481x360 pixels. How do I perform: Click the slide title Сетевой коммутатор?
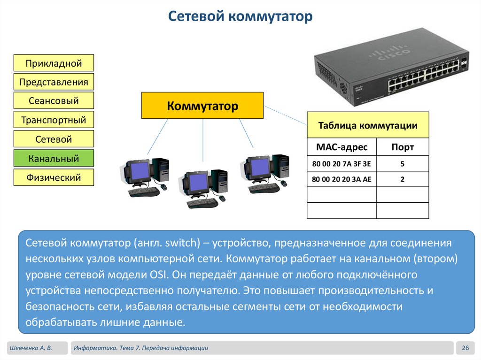tap(240, 17)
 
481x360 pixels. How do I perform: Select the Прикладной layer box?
tap(54, 63)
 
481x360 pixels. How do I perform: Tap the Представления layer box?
tap(54, 82)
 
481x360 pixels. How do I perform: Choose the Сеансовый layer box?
tap(54, 101)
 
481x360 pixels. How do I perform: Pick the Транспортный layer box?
tap(54, 120)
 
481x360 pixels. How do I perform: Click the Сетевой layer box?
tap(54, 139)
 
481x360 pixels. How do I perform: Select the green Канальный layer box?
tap(54, 159)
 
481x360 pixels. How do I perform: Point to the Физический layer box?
tap(54, 177)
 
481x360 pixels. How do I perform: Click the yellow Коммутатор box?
tap(202, 106)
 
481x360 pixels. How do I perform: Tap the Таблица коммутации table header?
tap(368, 125)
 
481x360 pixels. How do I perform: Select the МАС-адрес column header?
tap(341, 147)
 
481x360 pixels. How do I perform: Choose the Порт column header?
tap(403, 147)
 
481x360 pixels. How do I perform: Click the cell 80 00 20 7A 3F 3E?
tap(341, 164)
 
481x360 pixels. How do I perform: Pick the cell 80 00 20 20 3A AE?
tap(341, 179)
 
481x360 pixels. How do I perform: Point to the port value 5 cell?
tap(403, 164)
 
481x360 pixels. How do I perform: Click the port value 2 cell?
tap(403, 179)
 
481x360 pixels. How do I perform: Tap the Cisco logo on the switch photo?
tap(388, 53)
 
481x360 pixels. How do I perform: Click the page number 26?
tap(465, 348)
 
